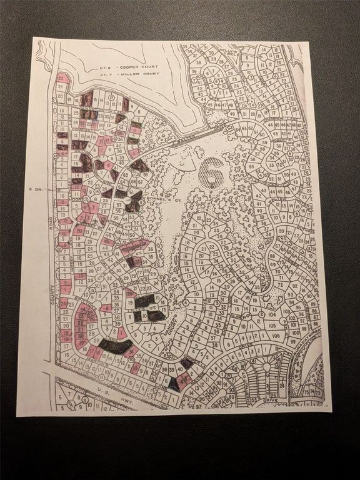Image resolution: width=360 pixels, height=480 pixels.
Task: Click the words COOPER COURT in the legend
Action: (141, 66)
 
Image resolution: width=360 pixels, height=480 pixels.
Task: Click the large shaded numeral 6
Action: (211, 171)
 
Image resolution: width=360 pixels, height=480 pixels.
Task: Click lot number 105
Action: (272, 327)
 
